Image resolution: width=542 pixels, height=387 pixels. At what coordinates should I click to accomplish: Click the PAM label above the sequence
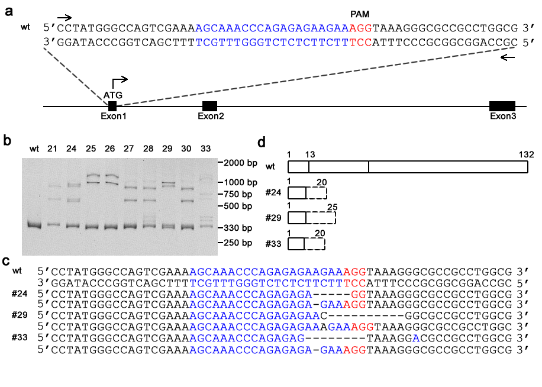pos(360,14)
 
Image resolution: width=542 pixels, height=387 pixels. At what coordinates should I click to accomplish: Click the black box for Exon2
pos(209,106)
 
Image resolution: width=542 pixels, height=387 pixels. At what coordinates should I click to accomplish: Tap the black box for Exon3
pos(502,106)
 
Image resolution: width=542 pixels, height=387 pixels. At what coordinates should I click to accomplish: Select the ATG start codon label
pos(112,95)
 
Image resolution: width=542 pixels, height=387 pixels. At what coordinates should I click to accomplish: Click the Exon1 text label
pos(114,116)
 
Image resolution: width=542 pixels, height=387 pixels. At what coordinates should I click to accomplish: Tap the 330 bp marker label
pos(238,228)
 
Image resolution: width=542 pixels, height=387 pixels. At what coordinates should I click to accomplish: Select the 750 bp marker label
pos(238,194)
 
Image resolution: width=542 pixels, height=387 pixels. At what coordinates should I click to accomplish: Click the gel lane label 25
pos(91,149)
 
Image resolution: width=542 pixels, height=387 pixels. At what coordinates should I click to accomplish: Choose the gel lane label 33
pos(205,149)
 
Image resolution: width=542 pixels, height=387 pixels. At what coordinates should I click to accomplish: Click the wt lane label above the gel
pos(34,149)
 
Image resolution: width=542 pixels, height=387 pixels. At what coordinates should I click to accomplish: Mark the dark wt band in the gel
pos(34,225)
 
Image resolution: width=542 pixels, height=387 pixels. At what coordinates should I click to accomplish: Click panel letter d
pos(262,142)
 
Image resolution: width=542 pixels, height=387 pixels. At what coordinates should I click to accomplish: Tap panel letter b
pos(7,140)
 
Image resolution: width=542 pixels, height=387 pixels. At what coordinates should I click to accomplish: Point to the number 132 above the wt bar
pos(526,154)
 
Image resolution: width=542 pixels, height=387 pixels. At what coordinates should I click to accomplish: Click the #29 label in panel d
pos(273,218)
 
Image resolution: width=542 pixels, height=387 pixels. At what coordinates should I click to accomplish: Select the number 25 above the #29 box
pos(332,207)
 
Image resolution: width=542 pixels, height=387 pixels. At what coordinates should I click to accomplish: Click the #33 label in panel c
pos(20,337)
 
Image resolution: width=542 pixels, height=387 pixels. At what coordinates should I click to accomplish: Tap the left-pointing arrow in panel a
pos(508,57)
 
